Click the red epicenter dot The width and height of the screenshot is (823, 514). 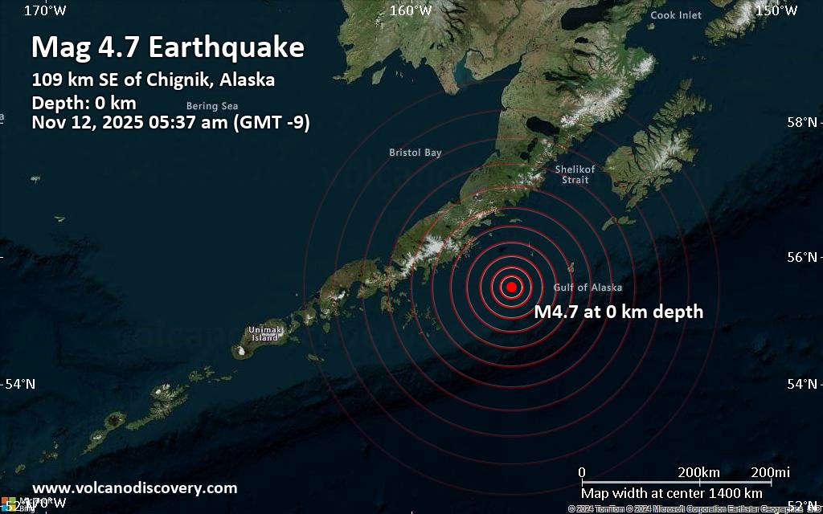511,287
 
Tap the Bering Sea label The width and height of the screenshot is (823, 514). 212,106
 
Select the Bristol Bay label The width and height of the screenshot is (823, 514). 415,153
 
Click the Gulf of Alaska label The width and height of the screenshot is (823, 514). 588,288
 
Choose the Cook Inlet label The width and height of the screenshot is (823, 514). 675,15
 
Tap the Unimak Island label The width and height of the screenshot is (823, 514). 264,334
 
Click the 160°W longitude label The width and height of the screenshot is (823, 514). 411,10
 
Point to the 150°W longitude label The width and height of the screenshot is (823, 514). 776,10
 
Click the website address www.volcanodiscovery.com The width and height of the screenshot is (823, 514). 134,487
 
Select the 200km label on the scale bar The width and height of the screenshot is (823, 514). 698,471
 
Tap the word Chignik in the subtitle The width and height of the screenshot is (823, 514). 191,80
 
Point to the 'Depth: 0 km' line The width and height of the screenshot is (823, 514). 84,103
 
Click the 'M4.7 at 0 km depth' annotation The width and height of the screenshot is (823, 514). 619,312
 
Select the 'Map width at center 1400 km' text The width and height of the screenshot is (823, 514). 672,492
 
